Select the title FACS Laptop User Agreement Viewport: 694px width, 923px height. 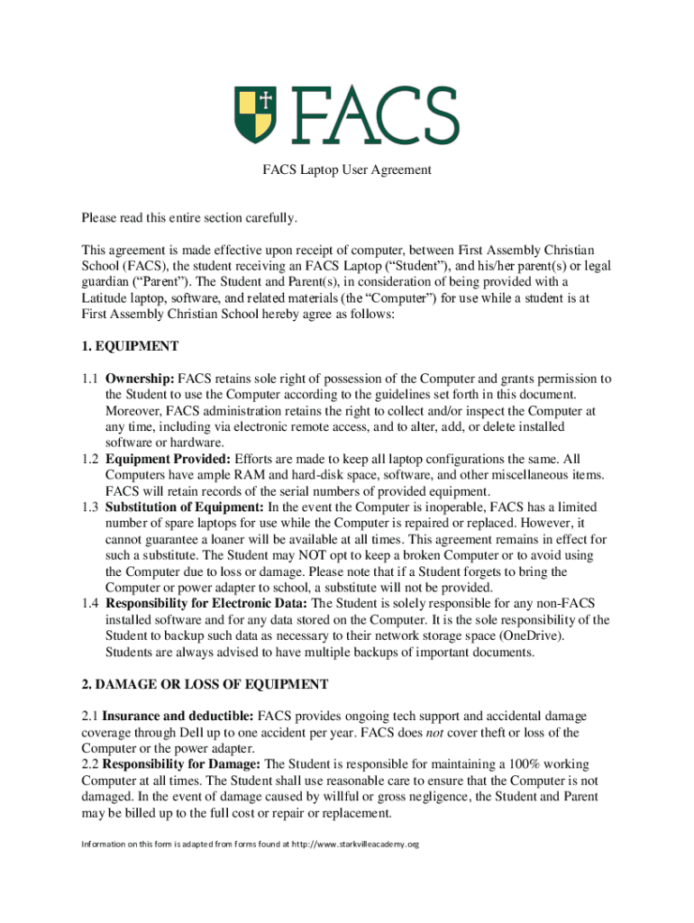(347, 169)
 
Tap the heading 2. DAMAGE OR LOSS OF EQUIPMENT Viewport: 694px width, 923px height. (205, 684)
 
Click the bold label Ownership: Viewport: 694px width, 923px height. (140, 379)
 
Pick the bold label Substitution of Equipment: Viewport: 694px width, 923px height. (185, 507)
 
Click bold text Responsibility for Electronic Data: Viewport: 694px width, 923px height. (206, 603)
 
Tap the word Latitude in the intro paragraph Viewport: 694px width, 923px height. (108, 297)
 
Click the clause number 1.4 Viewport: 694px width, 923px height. (89, 603)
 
